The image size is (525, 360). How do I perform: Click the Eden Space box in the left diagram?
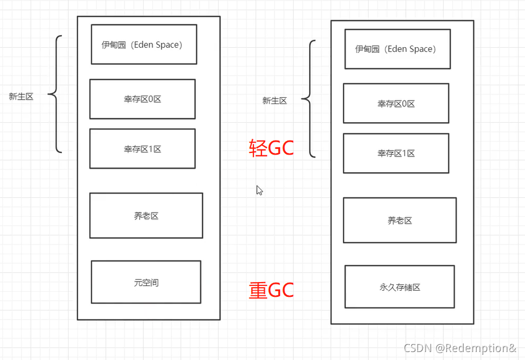(144, 44)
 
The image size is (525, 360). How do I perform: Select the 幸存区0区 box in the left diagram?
(143, 99)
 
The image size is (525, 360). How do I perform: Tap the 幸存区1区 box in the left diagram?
(143, 148)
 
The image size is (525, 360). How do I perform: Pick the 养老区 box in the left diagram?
(146, 216)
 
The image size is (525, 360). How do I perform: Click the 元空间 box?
(146, 282)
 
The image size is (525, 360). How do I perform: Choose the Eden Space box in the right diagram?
(397, 49)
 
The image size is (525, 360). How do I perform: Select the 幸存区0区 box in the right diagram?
(396, 104)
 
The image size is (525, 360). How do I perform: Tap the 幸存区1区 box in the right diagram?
(396, 153)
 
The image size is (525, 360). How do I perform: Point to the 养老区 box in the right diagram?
(399, 220)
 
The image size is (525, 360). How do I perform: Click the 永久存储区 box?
(399, 287)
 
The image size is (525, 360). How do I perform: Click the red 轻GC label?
(272, 148)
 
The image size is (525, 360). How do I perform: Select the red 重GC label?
(272, 290)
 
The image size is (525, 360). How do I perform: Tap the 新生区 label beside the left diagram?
(21, 97)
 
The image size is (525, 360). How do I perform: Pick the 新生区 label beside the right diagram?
(274, 101)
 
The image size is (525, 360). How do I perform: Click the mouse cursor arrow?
(259, 190)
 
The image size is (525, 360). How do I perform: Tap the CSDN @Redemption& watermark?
(460, 347)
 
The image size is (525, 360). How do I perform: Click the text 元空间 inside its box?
(146, 282)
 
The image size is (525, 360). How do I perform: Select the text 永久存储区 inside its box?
(399, 287)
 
